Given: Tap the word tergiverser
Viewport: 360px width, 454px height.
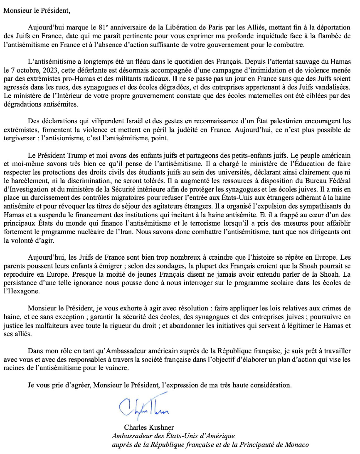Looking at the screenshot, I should pyautogui.click(x=19, y=138).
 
